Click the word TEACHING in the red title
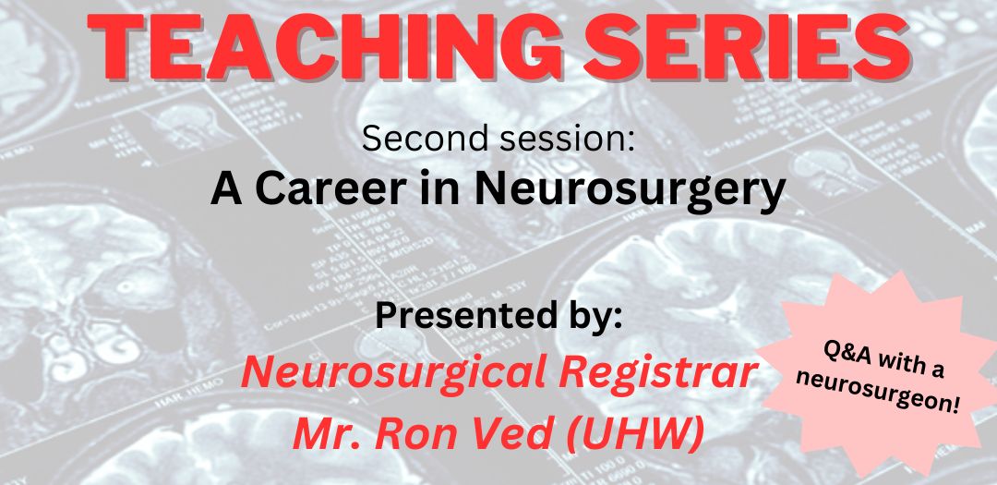(x=324, y=42)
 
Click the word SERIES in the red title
(x=748, y=42)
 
